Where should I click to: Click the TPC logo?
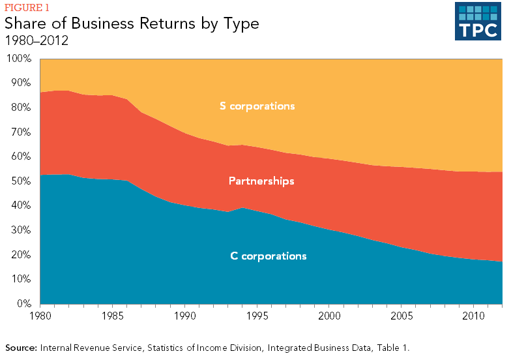pos(478,22)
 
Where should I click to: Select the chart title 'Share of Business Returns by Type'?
pos(132,23)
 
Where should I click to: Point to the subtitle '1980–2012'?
pos(36,40)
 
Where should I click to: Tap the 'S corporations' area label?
pos(257,106)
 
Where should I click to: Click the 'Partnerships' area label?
pos(261,181)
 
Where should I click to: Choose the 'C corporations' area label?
pos(269,256)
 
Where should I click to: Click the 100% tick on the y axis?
pos(19,59)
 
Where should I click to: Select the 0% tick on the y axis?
pos(23,304)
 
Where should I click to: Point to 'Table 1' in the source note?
pos(392,348)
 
